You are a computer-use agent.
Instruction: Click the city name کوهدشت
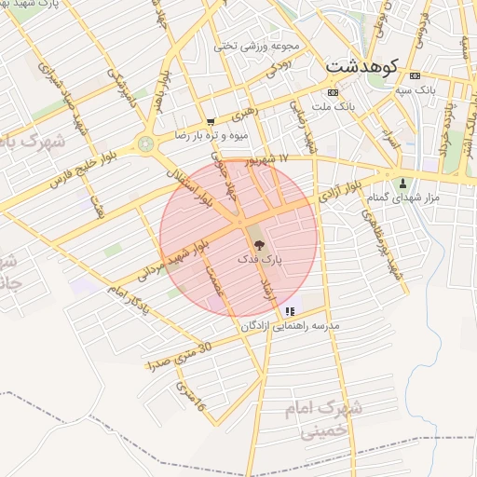point(362,67)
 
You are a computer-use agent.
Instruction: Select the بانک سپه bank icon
point(415,75)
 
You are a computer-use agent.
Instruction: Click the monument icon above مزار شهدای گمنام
point(402,183)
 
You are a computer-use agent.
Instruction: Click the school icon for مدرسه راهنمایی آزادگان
point(291,311)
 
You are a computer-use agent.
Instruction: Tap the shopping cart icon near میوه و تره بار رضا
point(211,121)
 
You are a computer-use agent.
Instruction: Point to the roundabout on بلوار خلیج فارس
point(145,144)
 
